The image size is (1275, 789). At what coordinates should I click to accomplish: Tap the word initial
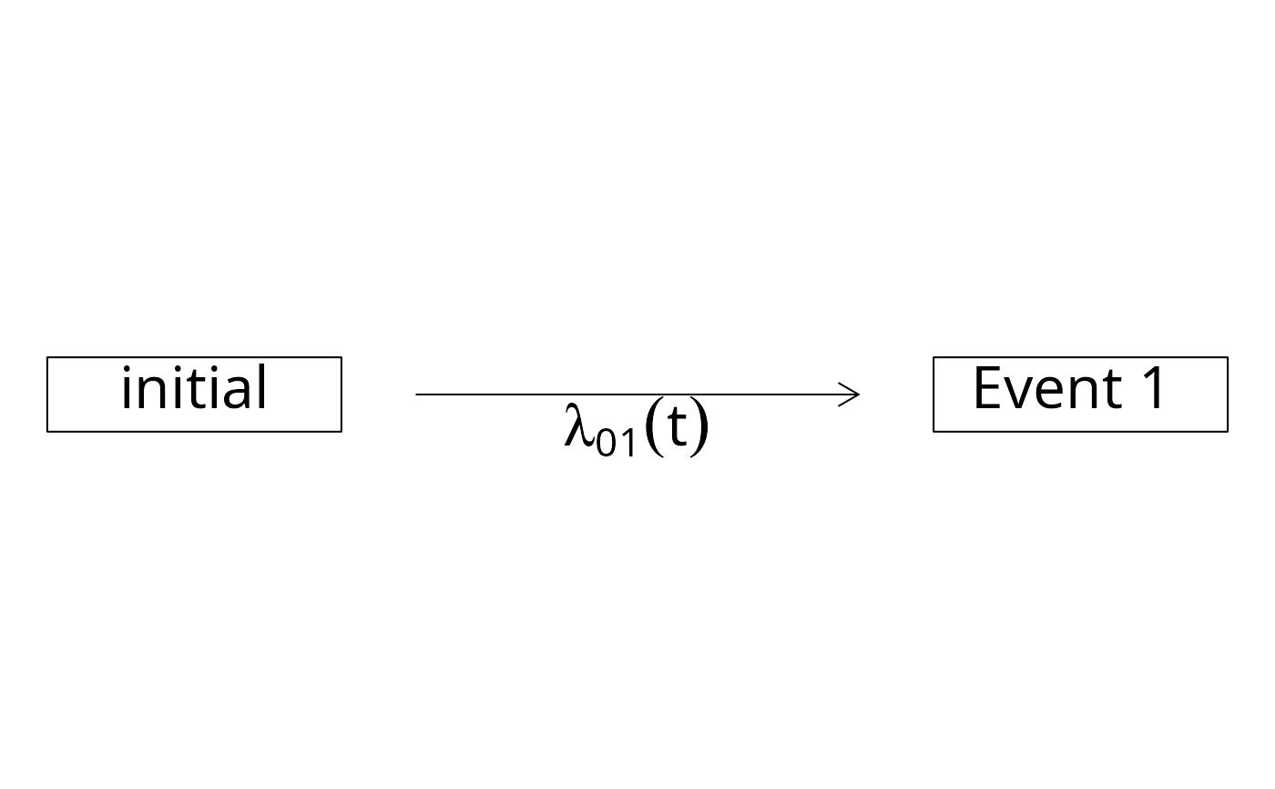[194, 387]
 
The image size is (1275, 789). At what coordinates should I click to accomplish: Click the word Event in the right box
[1048, 387]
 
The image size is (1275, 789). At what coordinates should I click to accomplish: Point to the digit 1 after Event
[1153, 387]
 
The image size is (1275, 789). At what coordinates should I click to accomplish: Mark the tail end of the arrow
[416, 394]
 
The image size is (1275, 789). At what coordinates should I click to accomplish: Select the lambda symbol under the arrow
[579, 425]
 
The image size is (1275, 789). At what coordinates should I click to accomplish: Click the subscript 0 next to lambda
[607, 442]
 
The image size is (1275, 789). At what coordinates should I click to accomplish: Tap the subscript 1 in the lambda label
[627, 442]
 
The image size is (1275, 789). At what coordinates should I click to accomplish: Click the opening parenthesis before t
[656, 427]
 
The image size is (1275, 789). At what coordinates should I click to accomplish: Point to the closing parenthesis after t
[699, 427]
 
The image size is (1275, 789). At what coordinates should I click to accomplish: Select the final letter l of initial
[262, 386]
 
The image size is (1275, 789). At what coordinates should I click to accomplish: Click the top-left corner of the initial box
[47, 357]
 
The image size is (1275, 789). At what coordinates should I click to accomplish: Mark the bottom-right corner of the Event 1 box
[1228, 432]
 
